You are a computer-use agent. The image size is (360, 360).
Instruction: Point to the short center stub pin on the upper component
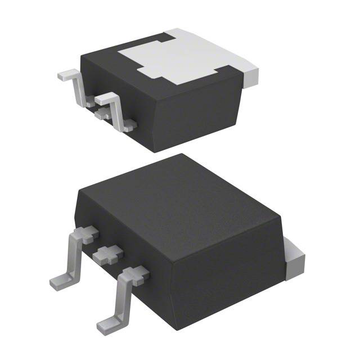[102, 114]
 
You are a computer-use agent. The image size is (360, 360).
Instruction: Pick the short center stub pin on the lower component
[107, 256]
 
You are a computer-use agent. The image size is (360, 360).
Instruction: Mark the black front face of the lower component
[225, 276]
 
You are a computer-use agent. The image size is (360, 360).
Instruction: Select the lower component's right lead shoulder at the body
[135, 276]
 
